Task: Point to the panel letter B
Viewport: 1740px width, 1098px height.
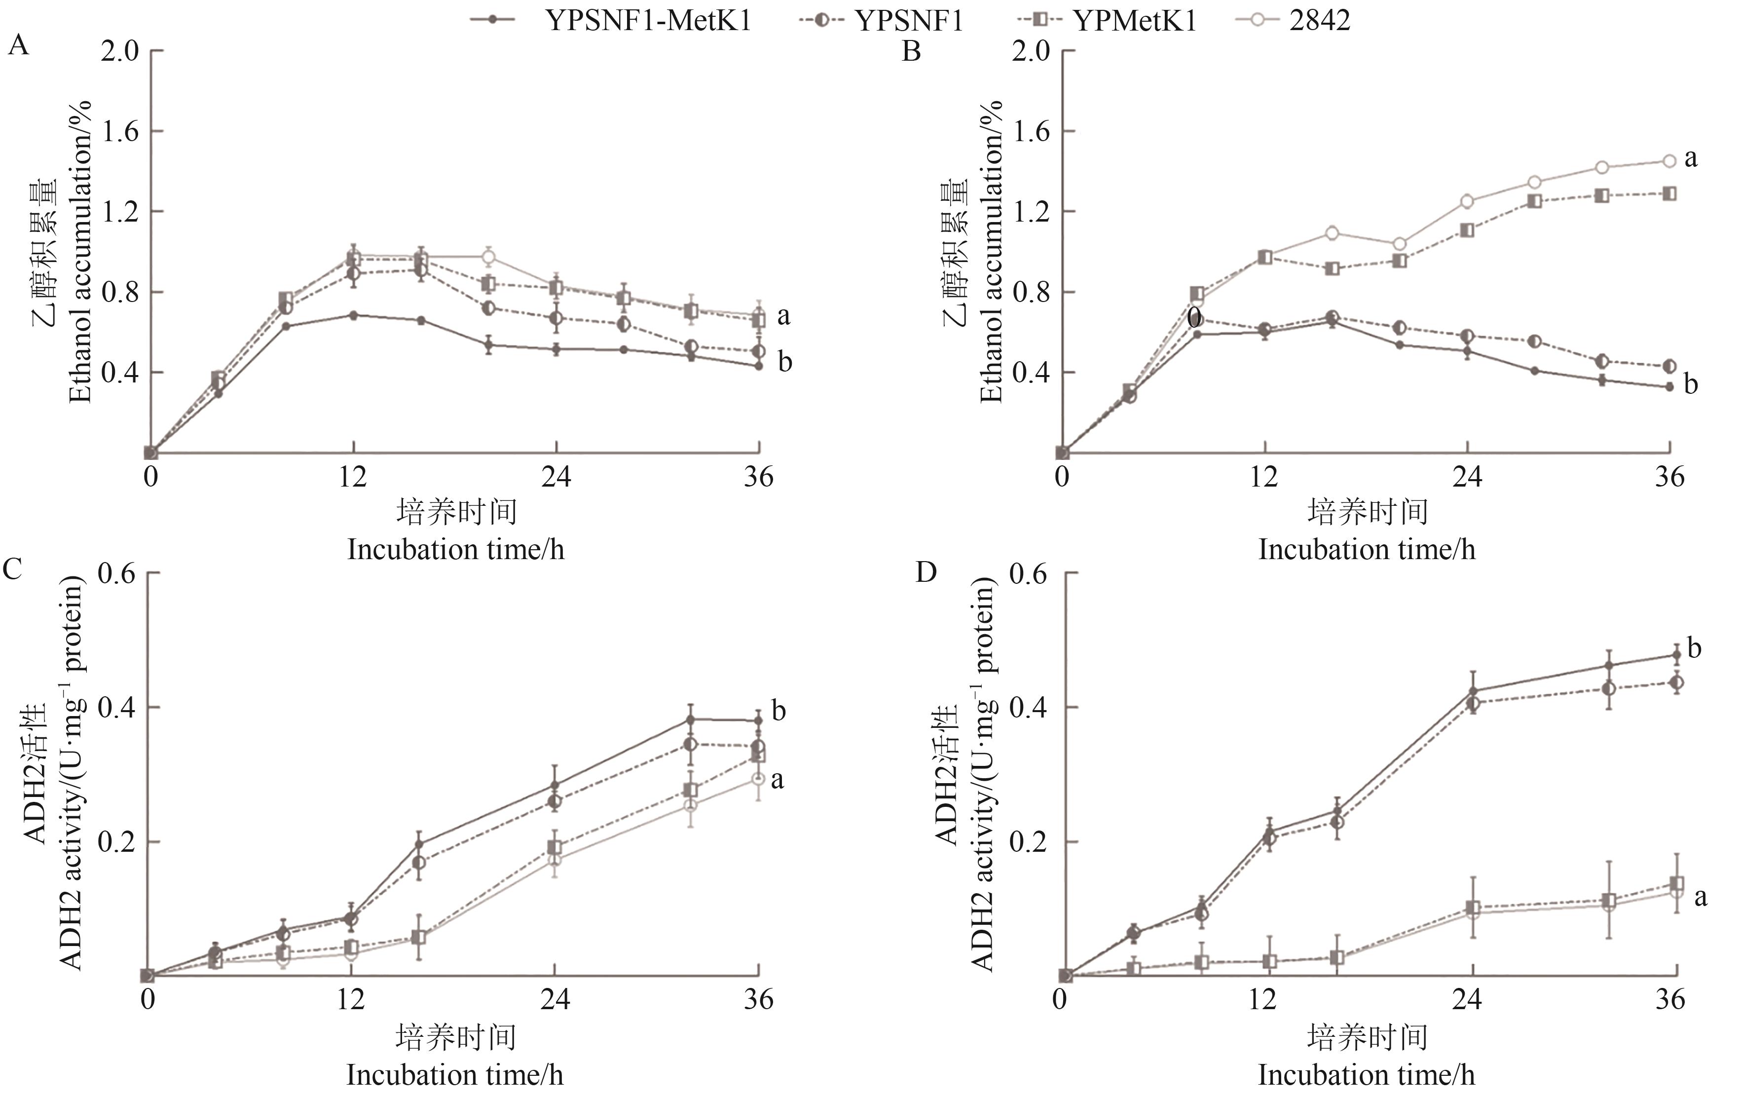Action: click(x=911, y=52)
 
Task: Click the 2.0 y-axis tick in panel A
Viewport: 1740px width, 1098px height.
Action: click(x=119, y=51)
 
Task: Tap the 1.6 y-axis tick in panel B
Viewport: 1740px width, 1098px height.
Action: click(x=1031, y=132)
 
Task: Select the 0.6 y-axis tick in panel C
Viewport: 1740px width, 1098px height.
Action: click(x=116, y=574)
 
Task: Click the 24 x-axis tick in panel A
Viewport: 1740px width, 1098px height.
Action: click(x=555, y=477)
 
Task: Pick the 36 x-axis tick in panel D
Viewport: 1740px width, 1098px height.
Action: click(x=1670, y=1000)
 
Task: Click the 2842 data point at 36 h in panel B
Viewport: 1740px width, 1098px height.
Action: click(x=1669, y=161)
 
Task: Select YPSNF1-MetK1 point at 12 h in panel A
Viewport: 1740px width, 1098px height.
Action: click(x=353, y=315)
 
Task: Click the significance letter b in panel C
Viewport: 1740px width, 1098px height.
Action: click(x=778, y=711)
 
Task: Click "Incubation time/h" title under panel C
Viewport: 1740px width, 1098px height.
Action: click(x=454, y=1075)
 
